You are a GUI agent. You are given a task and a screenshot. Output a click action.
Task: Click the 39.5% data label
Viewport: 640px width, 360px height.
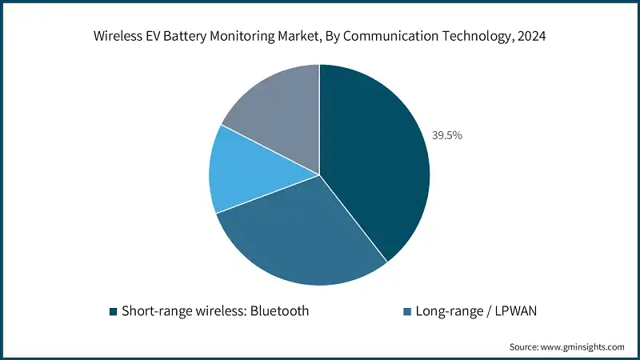tap(447, 135)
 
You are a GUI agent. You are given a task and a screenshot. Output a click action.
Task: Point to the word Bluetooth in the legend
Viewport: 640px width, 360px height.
tap(275, 310)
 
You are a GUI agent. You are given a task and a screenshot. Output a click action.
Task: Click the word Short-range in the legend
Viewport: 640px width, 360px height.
tap(150, 310)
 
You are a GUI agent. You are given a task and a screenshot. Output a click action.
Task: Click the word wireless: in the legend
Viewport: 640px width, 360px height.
tap(210, 310)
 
